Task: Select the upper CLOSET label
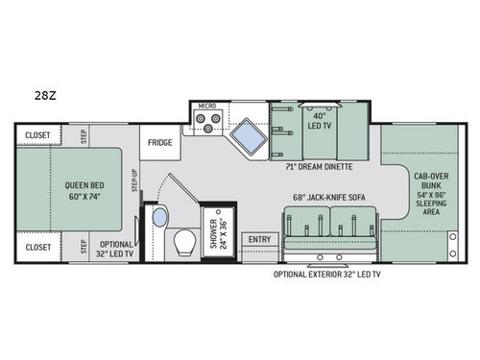[x=37, y=135]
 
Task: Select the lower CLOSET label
[x=37, y=247]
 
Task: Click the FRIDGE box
[x=158, y=142]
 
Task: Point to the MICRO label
[x=206, y=107]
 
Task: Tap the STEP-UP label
[x=134, y=179]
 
